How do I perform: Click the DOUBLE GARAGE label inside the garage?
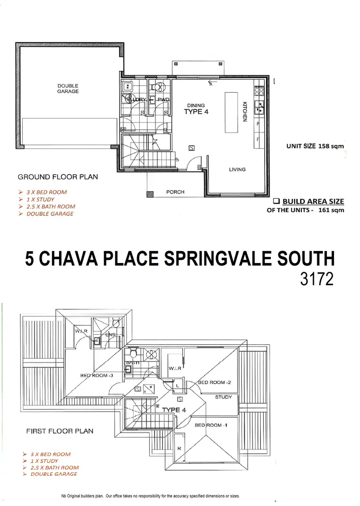pyautogui.click(x=68, y=88)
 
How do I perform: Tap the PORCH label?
pyautogui.click(x=175, y=192)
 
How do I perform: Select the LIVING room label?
pyautogui.click(x=237, y=169)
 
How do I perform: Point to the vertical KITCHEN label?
pyautogui.click(x=244, y=111)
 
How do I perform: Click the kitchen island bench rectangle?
pyautogui.click(x=230, y=113)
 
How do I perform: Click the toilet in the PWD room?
pyautogui.click(x=157, y=87)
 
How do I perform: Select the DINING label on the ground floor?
pyautogui.click(x=196, y=106)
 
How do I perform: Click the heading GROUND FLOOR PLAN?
pyautogui.click(x=58, y=177)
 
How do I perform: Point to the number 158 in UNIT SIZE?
pyautogui.click(x=324, y=146)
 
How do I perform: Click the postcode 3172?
pyautogui.click(x=316, y=280)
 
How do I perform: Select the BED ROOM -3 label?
pyautogui.click(x=96, y=375)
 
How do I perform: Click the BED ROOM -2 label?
pyautogui.click(x=215, y=382)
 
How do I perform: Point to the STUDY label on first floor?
pyautogui.click(x=223, y=397)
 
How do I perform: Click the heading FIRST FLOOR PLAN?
pyautogui.click(x=60, y=431)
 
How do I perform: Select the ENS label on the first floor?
pyautogui.click(x=111, y=334)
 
